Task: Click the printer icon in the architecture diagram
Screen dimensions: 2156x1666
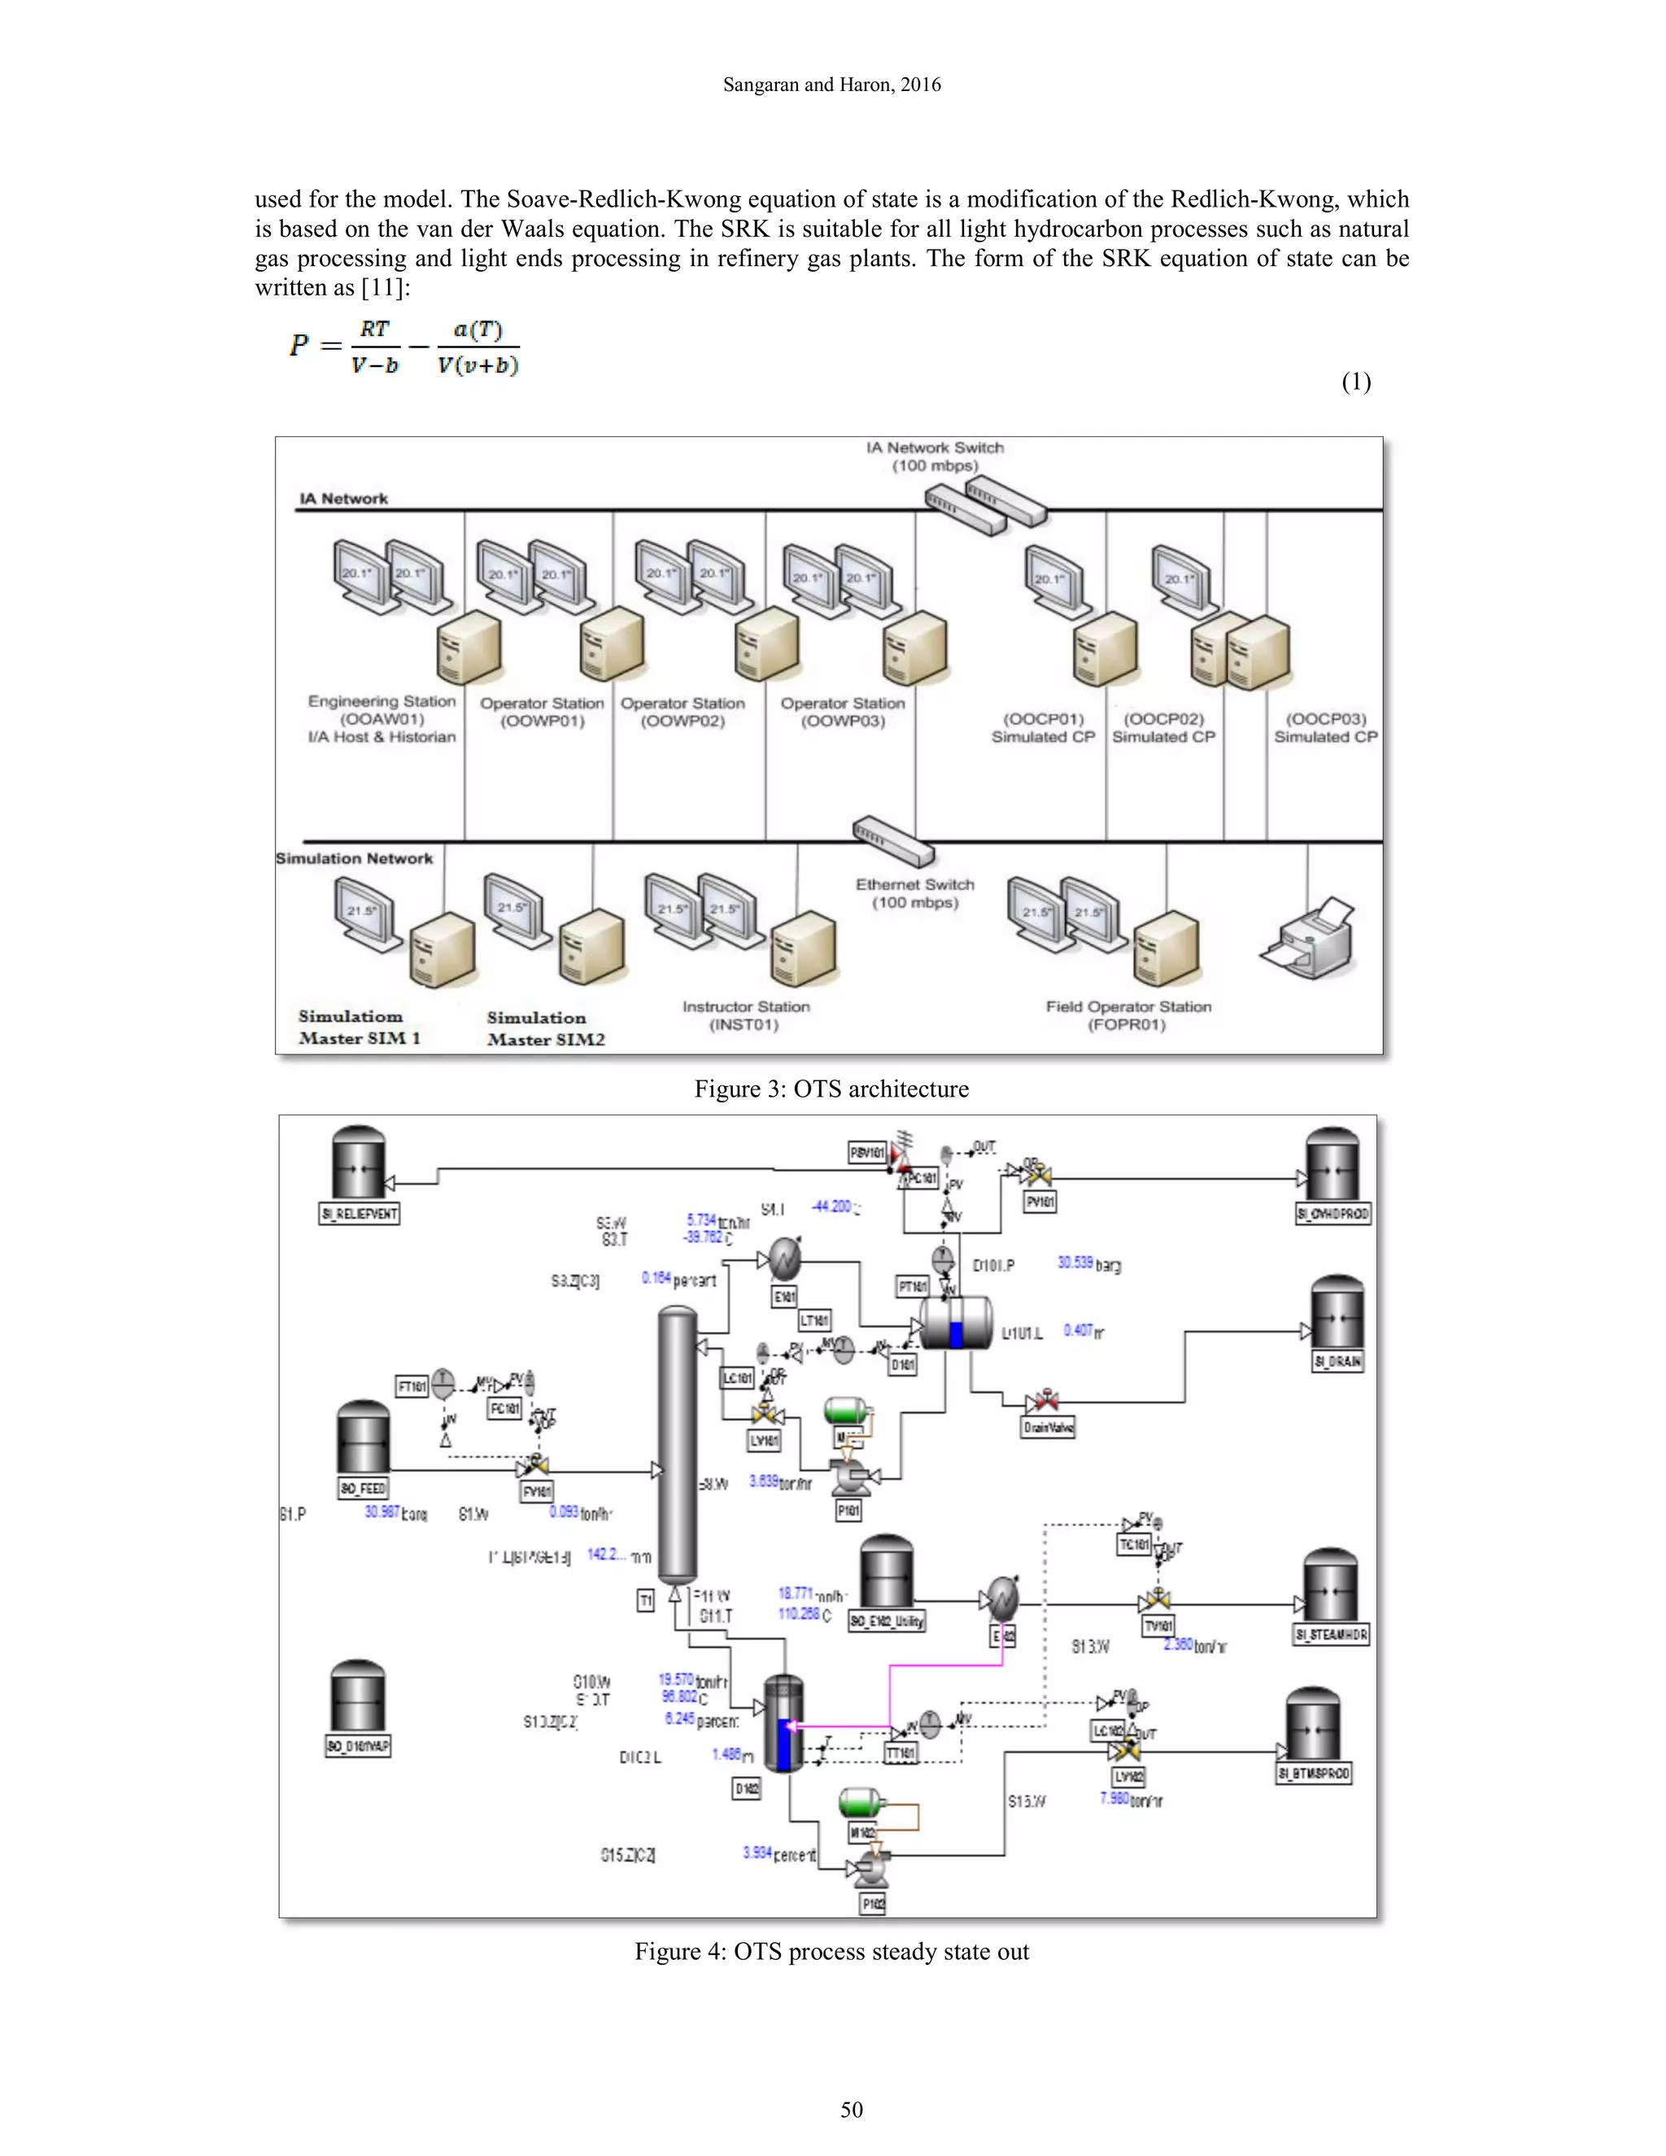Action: [1309, 939]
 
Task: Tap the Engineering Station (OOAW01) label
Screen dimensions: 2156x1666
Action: [382, 718]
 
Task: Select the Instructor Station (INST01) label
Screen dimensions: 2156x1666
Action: [745, 1016]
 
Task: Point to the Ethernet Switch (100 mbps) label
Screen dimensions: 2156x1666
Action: [915, 893]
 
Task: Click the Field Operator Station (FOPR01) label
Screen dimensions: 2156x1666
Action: [1128, 1016]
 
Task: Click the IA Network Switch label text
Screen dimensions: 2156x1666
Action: [935, 456]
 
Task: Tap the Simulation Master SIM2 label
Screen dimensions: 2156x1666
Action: [545, 1028]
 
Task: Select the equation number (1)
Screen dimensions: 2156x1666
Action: [1356, 382]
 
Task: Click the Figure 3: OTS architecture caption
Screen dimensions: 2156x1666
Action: [831, 1089]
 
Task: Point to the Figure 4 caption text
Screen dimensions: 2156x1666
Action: [831, 1952]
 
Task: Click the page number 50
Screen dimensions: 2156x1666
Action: [851, 2110]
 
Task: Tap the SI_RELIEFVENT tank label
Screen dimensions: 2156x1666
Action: [360, 1213]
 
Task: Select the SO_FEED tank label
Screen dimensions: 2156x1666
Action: [363, 1488]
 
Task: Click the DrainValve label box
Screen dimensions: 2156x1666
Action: [1048, 1428]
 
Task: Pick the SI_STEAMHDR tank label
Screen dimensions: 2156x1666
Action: [1332, 1634]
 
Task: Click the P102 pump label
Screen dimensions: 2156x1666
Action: [873, 1905]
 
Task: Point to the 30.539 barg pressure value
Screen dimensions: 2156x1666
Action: [1088, 1263]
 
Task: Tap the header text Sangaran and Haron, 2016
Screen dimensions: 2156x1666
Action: [831, 85]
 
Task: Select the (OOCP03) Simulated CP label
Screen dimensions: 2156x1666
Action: [1325, 727]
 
